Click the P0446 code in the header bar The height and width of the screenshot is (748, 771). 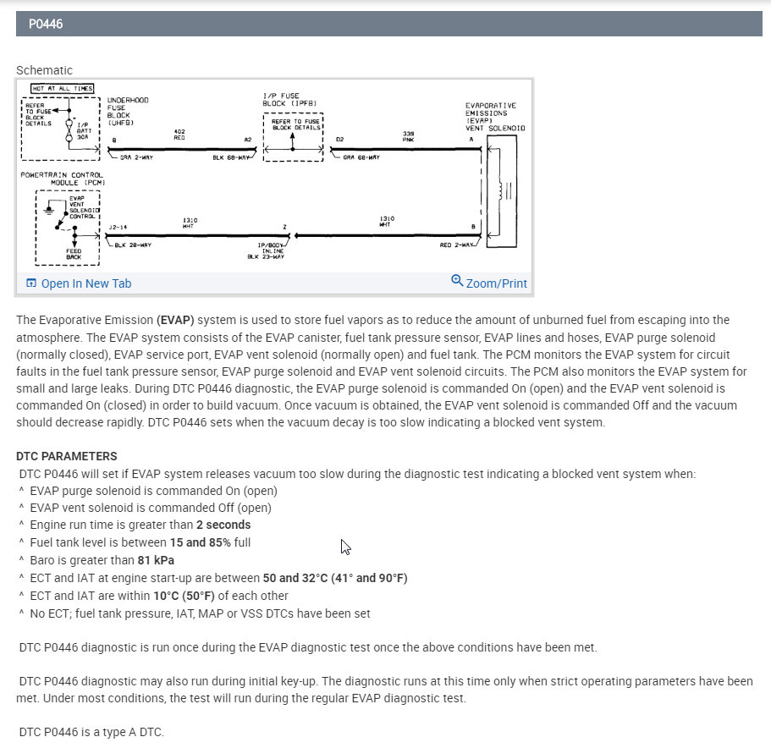(46, 25)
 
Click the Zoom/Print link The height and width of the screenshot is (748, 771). (496, 283)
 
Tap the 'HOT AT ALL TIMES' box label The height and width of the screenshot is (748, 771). (63, 88)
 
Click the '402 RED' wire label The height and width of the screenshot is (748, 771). (179, 135)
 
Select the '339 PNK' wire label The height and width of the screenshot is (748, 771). (409, 135)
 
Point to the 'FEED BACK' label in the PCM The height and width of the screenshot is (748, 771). (74, 254)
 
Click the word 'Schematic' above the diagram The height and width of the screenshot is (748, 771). (44, 70)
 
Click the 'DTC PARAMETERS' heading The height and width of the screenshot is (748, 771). (66, 456)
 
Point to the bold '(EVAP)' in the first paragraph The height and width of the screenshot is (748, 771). (175, 320)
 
